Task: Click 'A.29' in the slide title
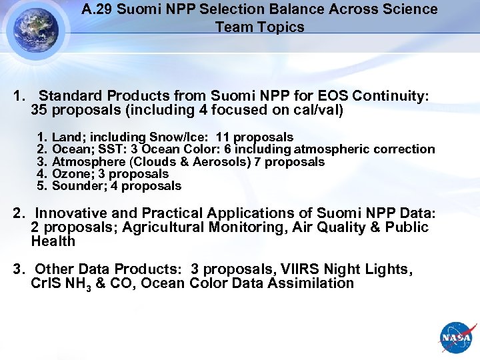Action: pos(98,9)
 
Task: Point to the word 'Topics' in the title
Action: pos(282,27)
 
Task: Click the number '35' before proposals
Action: pos(39,109)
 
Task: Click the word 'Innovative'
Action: pos(69,213)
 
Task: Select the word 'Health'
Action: pos(53,241)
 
